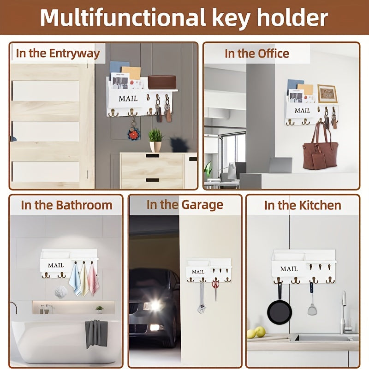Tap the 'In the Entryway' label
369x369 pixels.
click(x=58, y=53)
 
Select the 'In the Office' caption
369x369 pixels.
click(x=256, y=54)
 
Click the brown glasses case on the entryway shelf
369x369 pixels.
click(x=161, y=82)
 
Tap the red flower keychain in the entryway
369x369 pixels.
click(x=134, y=135)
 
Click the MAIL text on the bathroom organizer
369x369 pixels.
click(x=56, y=265)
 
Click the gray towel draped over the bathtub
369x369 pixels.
click(x=96, y=333)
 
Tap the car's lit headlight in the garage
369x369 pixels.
click(x=153, y=305)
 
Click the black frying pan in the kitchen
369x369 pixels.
click(x=280, y=311)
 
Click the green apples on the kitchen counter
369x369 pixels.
click(x=256, y=333)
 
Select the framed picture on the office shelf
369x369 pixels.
click(x=327, y=94)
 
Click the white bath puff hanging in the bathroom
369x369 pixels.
click(x=60, y=292)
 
